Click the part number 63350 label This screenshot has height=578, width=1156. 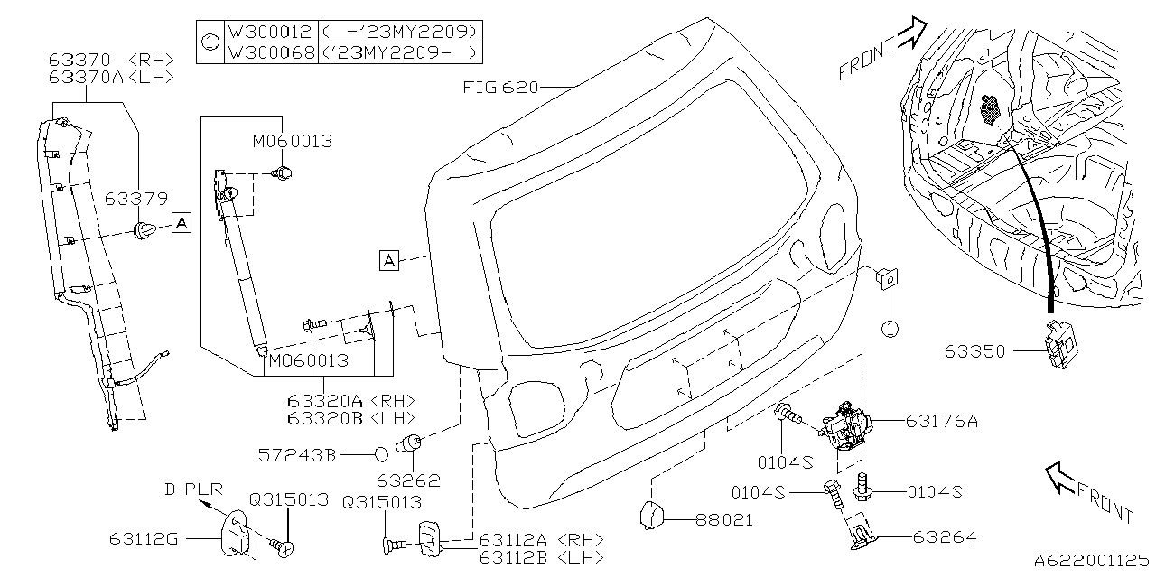point(974,351)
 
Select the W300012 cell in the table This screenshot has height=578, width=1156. point(270,31)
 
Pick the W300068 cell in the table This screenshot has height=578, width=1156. point(270,52)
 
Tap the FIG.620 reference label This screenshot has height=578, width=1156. point(500,88)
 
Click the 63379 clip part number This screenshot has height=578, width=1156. point(135,198)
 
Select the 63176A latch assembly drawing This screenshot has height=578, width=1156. point(845,424)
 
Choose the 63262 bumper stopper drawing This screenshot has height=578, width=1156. point(411,444)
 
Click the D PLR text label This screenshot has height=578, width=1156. point(192,489)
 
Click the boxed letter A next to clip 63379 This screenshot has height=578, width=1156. point(182,222)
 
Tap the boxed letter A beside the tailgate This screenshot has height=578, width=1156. point(388,261)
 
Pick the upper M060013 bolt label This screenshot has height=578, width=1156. point(292,142)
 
